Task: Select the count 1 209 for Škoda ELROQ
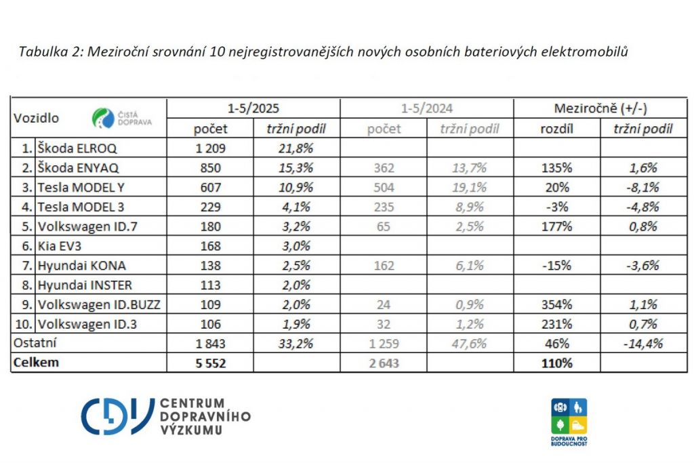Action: [211, 148]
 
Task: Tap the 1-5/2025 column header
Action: [253, 108]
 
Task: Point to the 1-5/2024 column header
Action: [426, 108]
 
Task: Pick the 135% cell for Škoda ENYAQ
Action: [557, 167]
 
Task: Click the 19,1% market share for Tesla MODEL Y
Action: [470, 187]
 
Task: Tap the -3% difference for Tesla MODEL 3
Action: [557, 207]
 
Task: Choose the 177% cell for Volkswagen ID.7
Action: [557, 226]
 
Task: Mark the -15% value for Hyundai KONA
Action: [557, 265]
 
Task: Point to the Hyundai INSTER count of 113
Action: [211, 285]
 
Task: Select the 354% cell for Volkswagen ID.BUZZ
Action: [557, 304]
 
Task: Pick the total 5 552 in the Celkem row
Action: [211, 363]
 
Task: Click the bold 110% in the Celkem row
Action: [557, 363]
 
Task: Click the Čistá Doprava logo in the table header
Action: [122, 118]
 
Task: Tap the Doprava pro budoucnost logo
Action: [569, 420]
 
